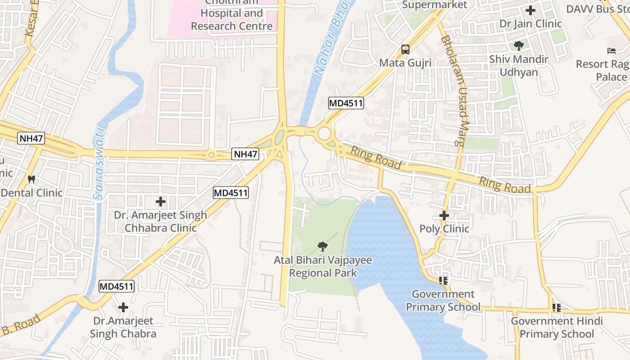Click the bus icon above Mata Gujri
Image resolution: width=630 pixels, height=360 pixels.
(x=405, y=49)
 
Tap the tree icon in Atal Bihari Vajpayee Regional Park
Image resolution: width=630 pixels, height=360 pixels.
(x=322, y=246)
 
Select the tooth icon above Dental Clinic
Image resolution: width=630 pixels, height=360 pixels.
(x=31, y=179)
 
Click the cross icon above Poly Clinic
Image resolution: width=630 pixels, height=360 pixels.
(x=444, y=216)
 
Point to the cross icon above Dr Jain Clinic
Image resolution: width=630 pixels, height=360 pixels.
(x=531, y=10)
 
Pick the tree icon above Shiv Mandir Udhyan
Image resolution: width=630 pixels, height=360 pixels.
(x=519, y=45)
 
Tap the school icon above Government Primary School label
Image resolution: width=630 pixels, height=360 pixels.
(x=443, y=281)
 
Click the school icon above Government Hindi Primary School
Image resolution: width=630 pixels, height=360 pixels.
(x=557, y=308)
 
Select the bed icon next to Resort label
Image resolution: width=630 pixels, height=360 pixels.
(x=612, y=51)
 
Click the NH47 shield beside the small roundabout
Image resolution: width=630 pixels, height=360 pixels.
(x=246, y=154)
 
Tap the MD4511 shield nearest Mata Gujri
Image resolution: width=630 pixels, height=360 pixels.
(x=346, y=103)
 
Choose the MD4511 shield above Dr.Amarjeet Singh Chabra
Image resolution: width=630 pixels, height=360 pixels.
(x=117, y=286)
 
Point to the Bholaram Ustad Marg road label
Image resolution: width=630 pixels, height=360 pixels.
(x=453, y=90)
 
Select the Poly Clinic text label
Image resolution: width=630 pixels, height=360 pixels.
(x=444, y=229)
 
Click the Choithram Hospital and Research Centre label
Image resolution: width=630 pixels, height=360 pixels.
(x=232, y=19)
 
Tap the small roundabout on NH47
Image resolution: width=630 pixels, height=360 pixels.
(x=211, y=155)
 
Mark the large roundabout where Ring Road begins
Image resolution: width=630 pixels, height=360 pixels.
(x=325, y=134)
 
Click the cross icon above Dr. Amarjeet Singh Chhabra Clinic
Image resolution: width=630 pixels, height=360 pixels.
(x=161, y=202)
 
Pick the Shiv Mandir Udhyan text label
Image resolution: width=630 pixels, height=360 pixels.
(x=519, y=66)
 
